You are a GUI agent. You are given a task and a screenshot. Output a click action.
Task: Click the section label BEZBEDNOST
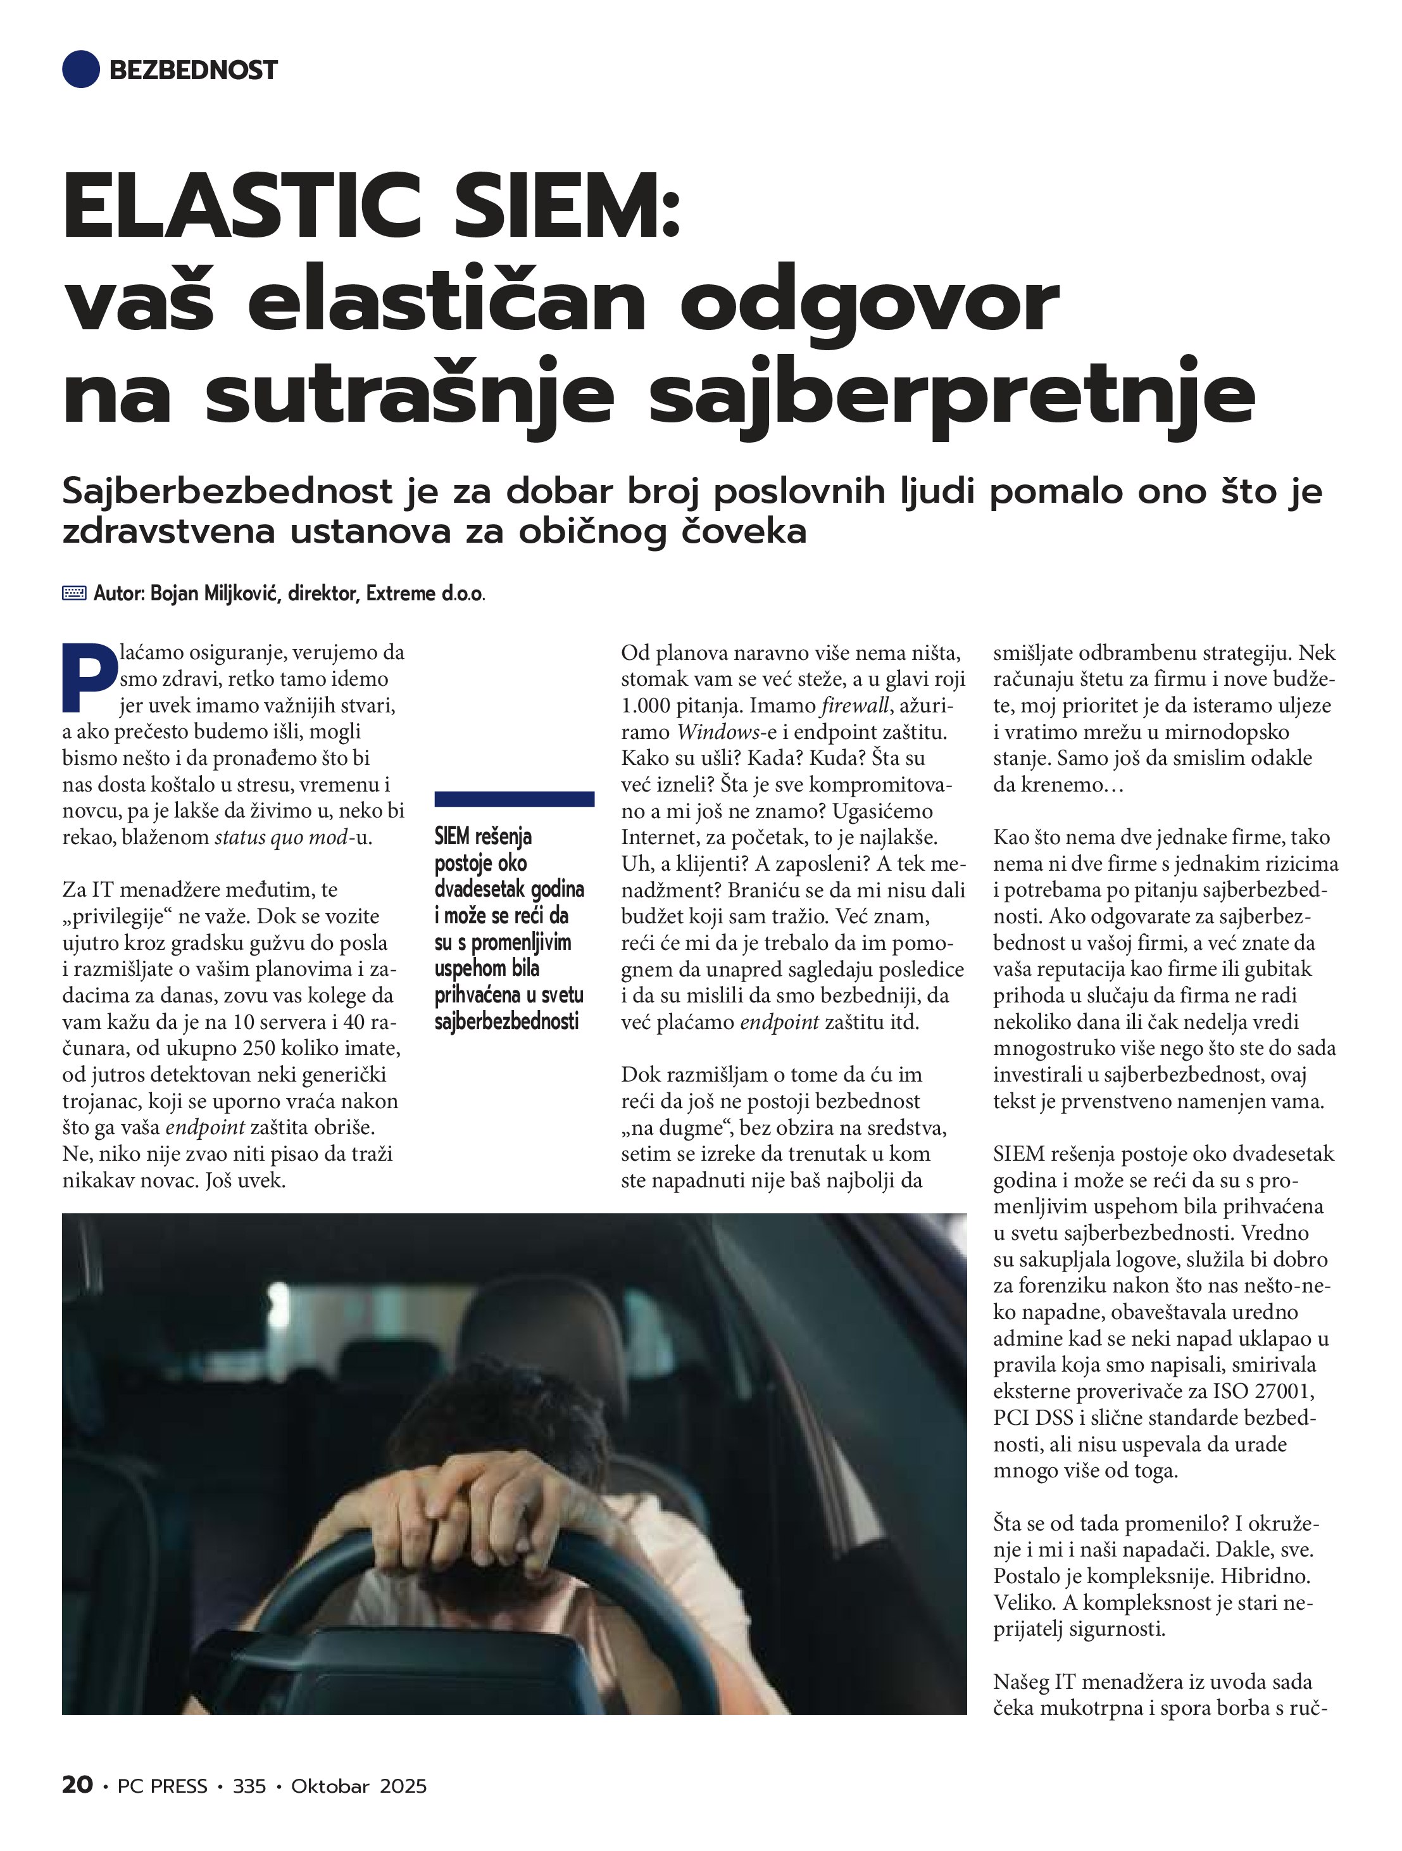pos(192,70)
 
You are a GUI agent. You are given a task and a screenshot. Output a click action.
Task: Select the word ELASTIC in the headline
pos(242,205)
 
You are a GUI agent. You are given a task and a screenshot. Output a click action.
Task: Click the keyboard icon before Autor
pos(73,593)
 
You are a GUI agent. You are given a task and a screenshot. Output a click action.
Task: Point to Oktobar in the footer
pos(330,1786)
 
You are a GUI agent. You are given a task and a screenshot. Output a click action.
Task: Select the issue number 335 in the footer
pos(249,1786)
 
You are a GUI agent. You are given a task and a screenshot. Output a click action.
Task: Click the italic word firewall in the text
pos(855,705)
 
